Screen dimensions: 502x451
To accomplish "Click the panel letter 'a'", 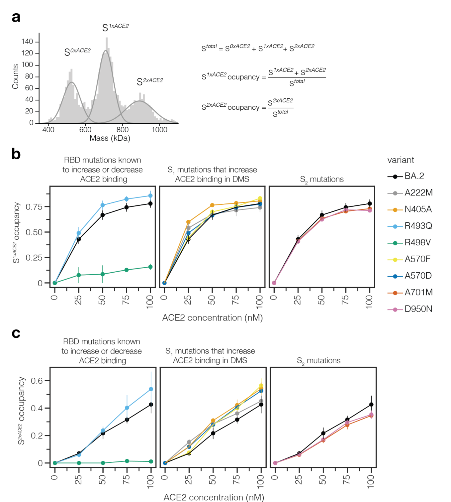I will [x=16, y=17].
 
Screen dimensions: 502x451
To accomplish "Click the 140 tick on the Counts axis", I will [x=27, y=42].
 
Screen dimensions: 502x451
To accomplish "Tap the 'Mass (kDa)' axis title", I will [x=110, y=138].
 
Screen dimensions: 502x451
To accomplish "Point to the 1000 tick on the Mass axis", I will [x=159, y=130].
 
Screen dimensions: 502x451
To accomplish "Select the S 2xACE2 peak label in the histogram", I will [x=150, y=81].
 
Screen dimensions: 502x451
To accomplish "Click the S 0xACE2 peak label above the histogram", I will [x=77, y=52].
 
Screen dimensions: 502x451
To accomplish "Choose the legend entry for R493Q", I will [x=418, y=226].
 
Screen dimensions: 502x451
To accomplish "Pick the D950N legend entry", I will [x=418, y=309].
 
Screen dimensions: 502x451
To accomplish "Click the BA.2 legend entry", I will [x=414, y=176].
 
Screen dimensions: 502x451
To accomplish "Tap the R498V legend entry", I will [x=417, y=243].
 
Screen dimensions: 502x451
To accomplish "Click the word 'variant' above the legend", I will [x=401, y=160].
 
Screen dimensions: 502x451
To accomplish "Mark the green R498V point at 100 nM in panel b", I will [x=150, y=267].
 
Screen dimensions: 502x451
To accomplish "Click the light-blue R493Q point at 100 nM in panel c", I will [x=151, y=389].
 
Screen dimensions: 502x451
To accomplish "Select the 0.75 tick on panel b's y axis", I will [x=34, y=207].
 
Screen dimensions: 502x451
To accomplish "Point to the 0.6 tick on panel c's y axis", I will [x=37, y=381].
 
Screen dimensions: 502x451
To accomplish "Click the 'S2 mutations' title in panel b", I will [x=322, y=180].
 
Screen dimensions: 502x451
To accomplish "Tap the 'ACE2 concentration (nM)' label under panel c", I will [x=214, y=497].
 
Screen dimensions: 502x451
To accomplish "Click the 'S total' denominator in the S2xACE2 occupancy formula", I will [x=281, y=113].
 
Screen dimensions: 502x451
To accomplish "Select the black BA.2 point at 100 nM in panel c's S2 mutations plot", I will [x=371, y=405].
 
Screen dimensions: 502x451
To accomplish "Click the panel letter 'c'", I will [x=16, y=333].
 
